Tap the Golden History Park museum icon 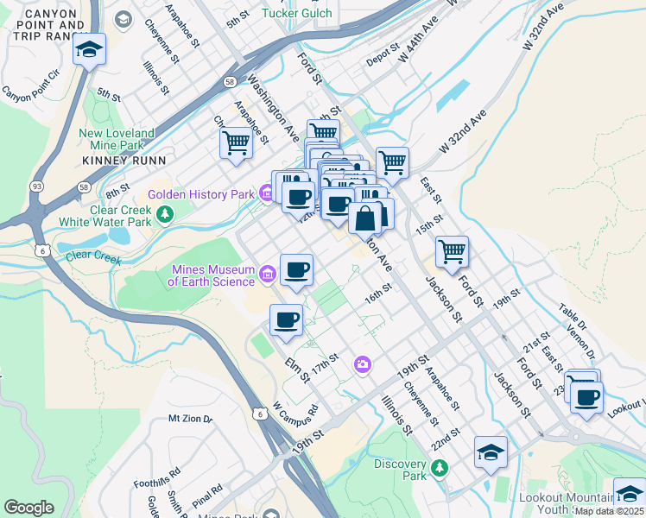(x=264, y=194)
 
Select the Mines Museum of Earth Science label (x=212, y=275)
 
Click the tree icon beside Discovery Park (x=440, y=468)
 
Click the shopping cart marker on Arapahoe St (x=236, y=142)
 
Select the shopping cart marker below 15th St (x=453, y=252)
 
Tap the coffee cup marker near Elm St (x=287, y=320)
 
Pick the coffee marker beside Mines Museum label (x=296, y=270)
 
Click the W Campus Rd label (x=295, y=407)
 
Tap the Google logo (x=28, y=508)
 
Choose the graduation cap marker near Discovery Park (x=491, y=452)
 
